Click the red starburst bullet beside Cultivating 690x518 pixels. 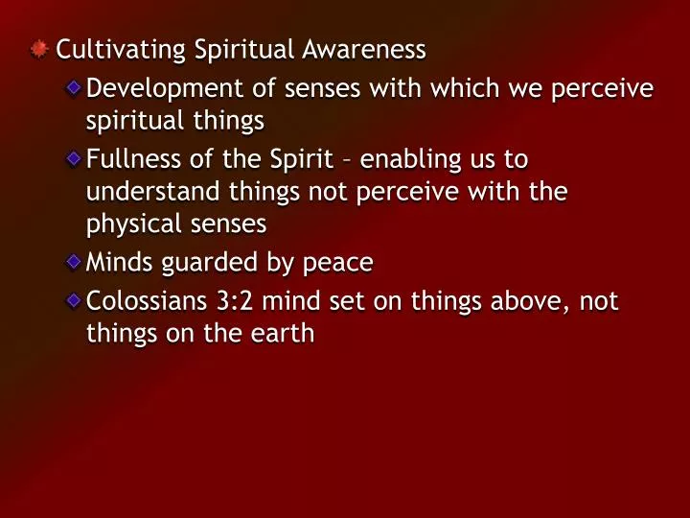pyautogui.click(x=39, y=48)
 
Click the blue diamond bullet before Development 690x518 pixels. pyautogui.click(x=74, y=88)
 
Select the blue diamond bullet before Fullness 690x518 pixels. pyautogui.click(x=74, y=157)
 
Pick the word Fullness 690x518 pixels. pyautogui.click(x=126, y=157)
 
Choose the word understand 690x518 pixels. pyautogui.click(x=140, y=192)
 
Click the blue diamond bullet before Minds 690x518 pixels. pyautogui.click(x=74, y=261)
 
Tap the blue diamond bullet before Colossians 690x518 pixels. pyautogui.click(x=74, y=301)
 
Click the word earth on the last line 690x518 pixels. pyautogui.click(x=284, y=336)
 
